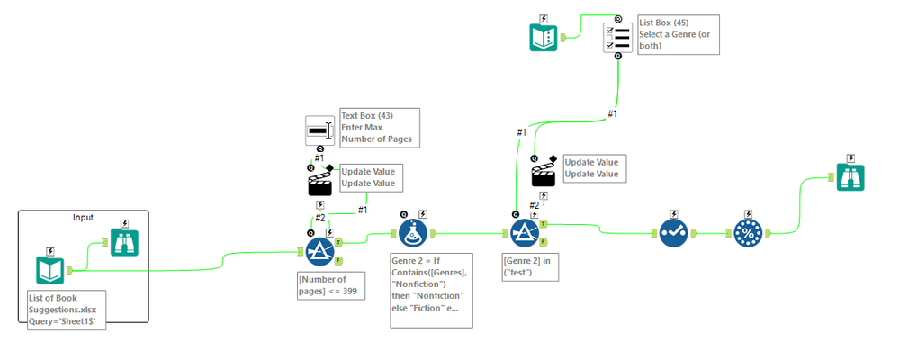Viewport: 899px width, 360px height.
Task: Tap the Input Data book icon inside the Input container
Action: coord(50,269)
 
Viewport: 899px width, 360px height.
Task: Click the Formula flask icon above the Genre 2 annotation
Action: coord(413,233)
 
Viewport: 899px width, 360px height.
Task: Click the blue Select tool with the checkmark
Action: coord(672,232)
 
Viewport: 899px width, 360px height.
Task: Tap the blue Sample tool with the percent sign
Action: coord(747,232)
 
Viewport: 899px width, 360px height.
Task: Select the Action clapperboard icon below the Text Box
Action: coord(320,183)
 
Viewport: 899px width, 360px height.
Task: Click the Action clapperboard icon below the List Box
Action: coord(544,172)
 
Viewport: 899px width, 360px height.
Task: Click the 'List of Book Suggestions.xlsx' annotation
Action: coord(67,310)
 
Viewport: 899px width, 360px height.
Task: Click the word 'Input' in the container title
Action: coord(84,218)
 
